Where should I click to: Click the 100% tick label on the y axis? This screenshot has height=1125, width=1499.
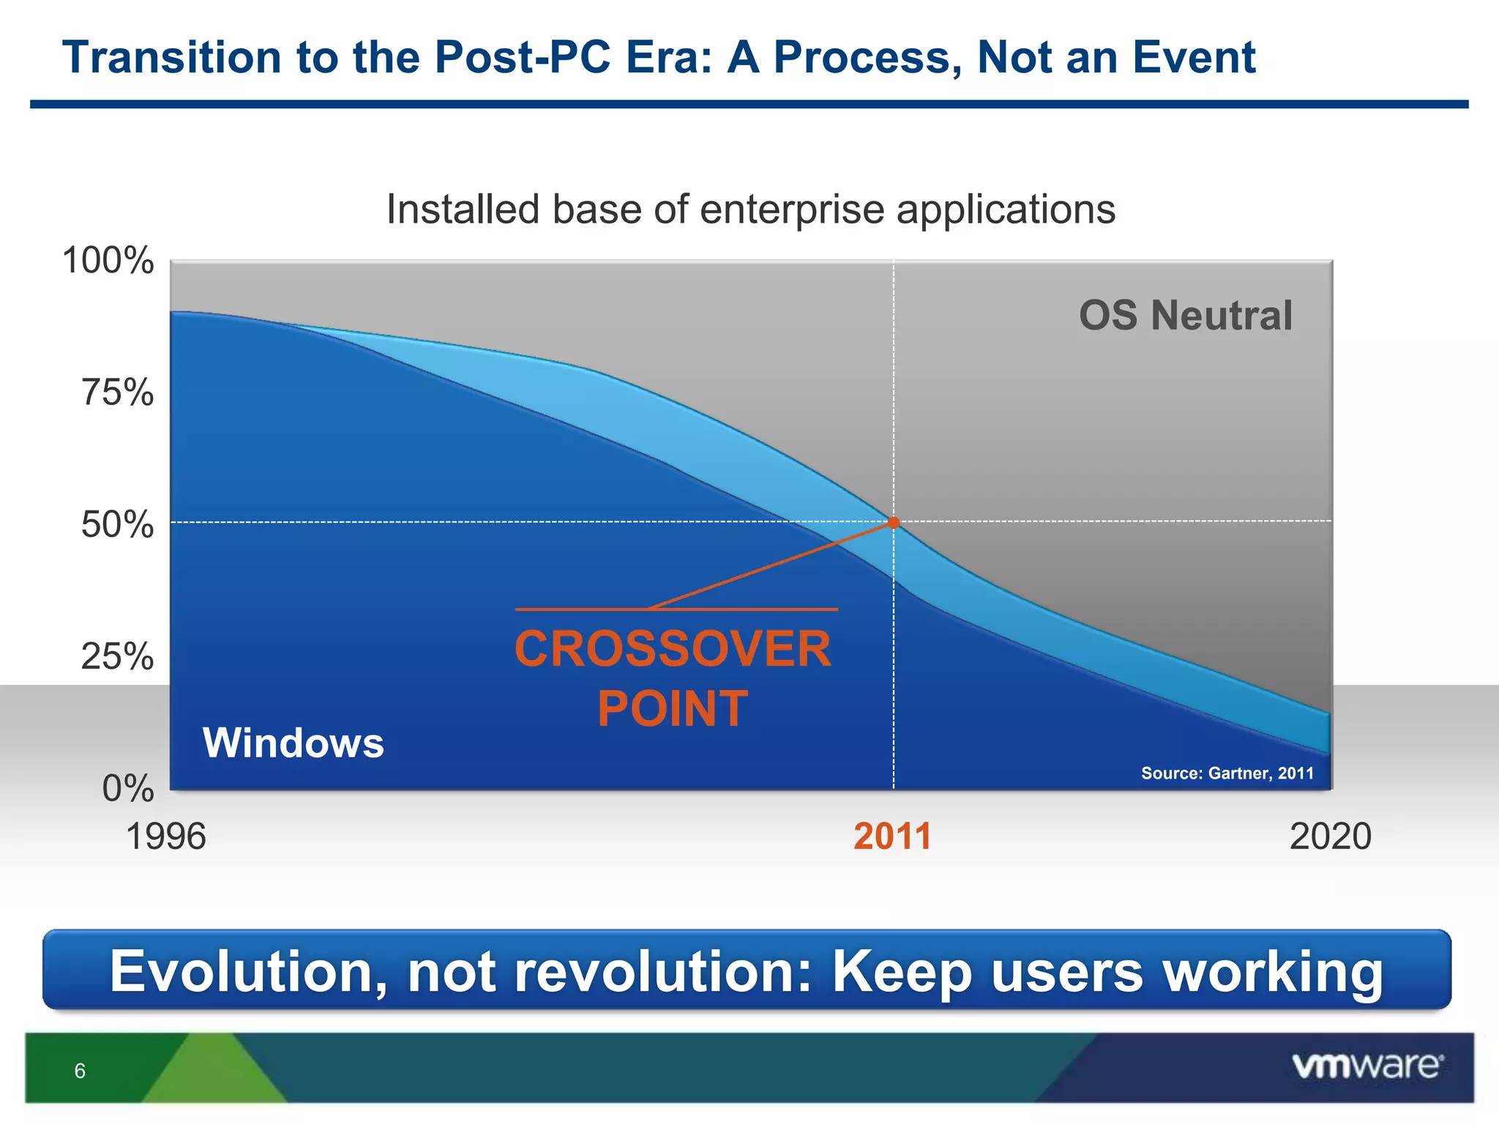click(x=108, y=261)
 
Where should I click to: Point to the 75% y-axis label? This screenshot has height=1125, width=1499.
click(x=117, y=393)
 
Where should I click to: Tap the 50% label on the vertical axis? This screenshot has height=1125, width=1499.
click(x=117, y=524)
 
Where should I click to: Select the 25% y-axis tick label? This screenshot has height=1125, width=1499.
click(x=117, y=656)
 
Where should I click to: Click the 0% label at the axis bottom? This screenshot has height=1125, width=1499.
click(x=128, y=789)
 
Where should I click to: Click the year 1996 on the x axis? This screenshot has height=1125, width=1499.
click(x=166, y=836)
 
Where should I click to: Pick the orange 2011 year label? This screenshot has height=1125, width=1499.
click(x=892, y=836)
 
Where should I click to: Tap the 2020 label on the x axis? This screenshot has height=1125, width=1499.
click(x=1330, y=836)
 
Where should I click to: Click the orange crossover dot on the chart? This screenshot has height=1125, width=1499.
click(x=893, y=522)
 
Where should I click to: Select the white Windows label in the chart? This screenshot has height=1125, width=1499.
click(x=293, y=743)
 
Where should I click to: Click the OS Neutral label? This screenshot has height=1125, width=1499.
click(x=1186, y=316)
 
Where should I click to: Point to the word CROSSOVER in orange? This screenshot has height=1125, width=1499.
click(x=673, y=650)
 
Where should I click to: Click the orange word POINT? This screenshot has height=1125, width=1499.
click(x=673, y=709)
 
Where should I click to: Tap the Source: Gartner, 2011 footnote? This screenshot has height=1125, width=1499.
click(x=1227, y=773)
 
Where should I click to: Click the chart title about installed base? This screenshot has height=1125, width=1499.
click(x=750, y=209)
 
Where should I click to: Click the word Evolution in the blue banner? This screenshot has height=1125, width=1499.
click(x=247, y=971)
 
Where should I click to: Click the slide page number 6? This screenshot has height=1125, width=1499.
click(x=80, y=1071)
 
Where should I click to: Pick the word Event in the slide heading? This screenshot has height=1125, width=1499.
click(x=1193, y=57)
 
